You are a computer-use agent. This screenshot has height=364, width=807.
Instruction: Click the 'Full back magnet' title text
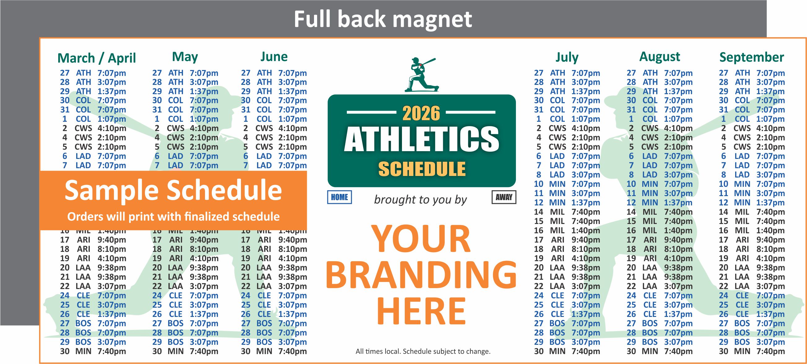tap(382, 20)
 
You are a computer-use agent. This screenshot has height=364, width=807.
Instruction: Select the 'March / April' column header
tap(97, 58)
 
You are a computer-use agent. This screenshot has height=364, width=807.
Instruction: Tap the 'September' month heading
tap(751, 57)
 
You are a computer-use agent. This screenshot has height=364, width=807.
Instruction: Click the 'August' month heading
tap(660, 57)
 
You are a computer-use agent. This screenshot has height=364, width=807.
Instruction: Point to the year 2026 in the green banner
tap(421, 113)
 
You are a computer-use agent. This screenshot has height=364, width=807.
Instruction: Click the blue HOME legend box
tap(339, 197)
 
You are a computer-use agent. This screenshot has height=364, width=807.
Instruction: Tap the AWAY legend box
tap(504, 197)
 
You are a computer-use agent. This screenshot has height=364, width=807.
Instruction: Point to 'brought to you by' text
tap(420, 200)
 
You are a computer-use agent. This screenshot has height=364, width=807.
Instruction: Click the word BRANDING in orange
tap(421, 275)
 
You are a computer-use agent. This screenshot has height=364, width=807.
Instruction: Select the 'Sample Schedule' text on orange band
tap(173, 190)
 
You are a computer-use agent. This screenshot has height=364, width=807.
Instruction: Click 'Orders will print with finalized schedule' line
tap(173, 217)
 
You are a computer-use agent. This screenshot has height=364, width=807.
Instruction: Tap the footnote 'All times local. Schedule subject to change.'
tap(423, 352)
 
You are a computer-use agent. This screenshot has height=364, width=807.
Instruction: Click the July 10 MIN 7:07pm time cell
tap(586, 184)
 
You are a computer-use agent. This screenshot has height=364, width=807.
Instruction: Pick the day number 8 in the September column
tap(723, 175)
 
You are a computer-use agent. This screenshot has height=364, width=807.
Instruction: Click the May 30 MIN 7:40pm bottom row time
tap(204, 352)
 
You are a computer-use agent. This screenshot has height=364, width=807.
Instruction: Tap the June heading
tap(274, 57)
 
